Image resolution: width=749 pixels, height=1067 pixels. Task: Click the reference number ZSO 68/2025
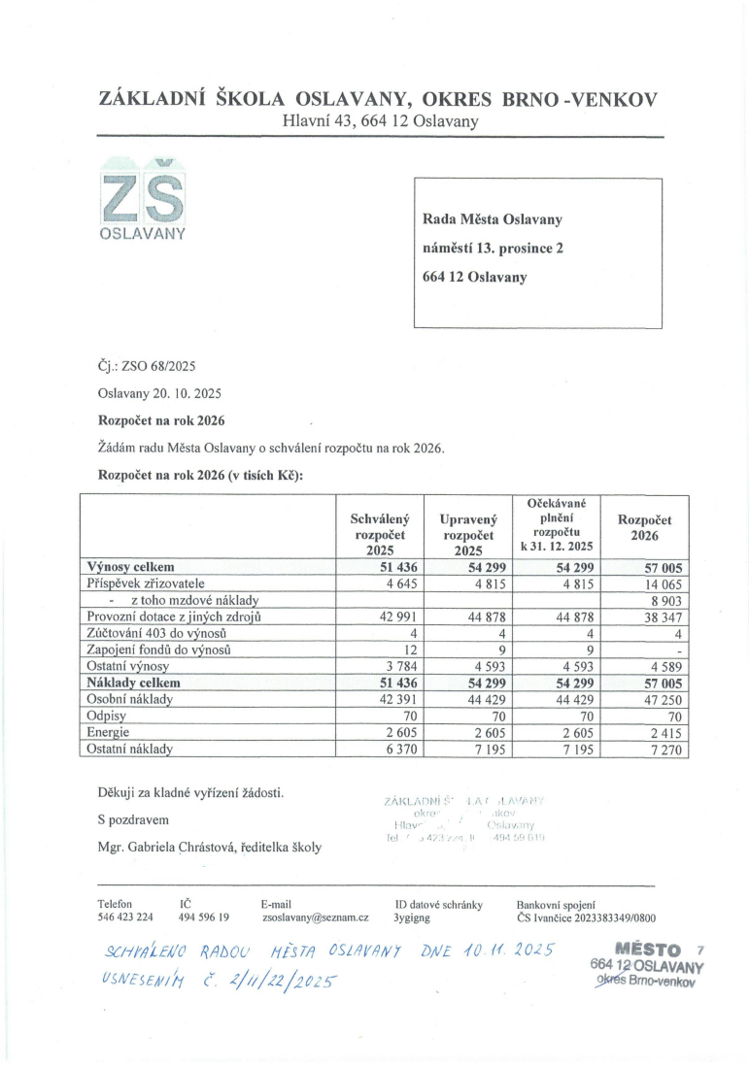148,366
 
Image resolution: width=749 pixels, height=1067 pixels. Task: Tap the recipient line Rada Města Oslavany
493,219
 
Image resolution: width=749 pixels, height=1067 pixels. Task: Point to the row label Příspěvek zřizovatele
147,584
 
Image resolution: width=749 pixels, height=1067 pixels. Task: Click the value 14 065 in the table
664,584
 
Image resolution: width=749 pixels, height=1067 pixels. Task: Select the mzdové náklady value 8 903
667,601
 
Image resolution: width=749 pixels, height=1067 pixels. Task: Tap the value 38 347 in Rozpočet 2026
664,617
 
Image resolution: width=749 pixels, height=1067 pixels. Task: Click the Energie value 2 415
667,733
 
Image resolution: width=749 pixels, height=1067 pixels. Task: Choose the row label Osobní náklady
129,699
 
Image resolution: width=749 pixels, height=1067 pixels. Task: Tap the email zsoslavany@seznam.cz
315,917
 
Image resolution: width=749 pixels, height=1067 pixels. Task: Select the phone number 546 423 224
125,917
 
